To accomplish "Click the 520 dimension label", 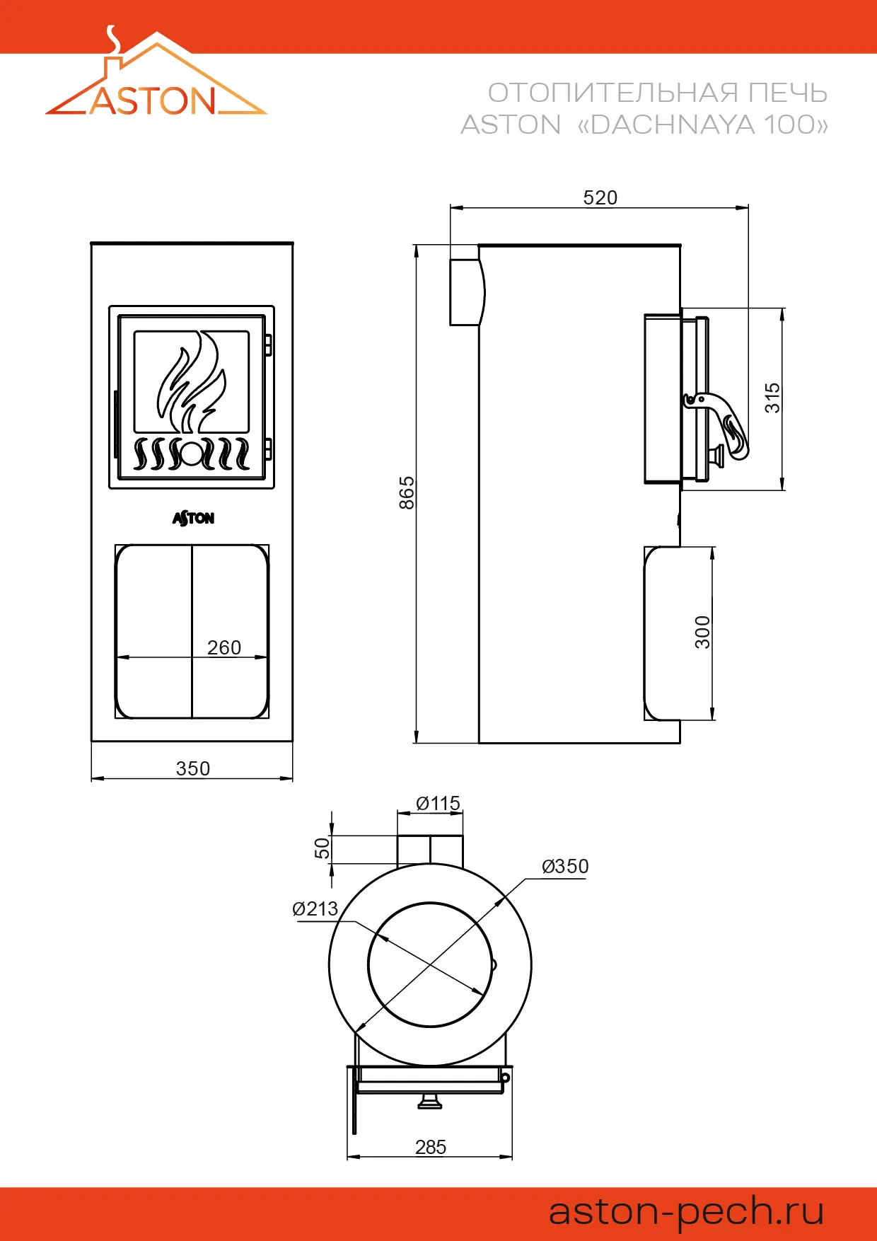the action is click(x=600, y=197).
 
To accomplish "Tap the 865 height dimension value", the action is click(x=407, y=493).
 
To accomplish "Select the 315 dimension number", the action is click(x=772, y=398).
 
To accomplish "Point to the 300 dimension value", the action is click(x=702, y=633).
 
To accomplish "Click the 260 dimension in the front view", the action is click(x=224, y=647).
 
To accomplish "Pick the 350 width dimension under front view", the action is click(x=193, y=768).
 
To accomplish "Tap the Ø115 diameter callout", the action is click(x=438, y=804).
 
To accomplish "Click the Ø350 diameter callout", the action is click(x=565, y=866).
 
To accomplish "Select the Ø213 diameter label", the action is click(x=315, y=908).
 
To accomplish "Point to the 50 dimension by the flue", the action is click(x=323, y=848).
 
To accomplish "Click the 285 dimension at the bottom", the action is click(x=431, y=1147).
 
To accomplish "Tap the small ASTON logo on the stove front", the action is click(x=193, y=519).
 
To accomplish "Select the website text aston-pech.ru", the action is click(x=687, y=1211).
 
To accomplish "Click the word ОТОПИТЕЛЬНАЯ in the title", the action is click(x=612, y=93).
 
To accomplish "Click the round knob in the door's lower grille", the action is click(x=192, y=454).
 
